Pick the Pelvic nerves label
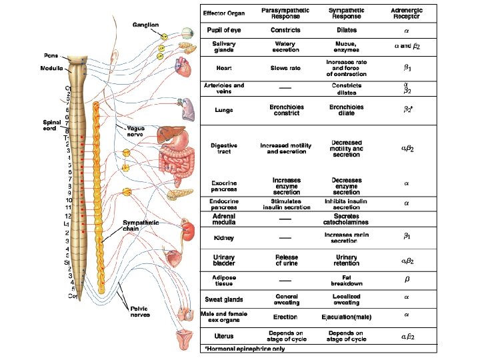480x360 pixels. click(x=139, y=311)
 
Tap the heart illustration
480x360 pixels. click(x=182, y=64)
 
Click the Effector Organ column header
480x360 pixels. click(x=223, y=13)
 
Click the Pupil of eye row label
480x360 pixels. click(x=223, y=31)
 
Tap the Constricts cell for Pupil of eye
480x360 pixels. click(x=285, y=31)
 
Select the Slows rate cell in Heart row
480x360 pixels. click(x=285, y=68)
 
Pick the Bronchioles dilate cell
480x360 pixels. click(x=347, y=110)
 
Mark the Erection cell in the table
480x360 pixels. click(x=285, y=317)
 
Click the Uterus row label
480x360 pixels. click(x=223, y=336)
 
